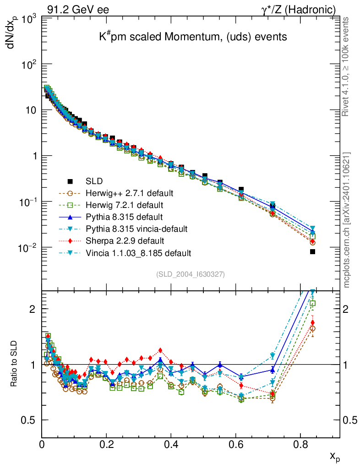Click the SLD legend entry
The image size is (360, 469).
pyautogui.click(x=94, y=180)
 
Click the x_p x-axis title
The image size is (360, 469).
pyautogui.click(x=334, y=456)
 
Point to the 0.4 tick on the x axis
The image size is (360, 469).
pyautogui.click(x=171, y=444)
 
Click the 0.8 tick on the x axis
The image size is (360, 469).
pyautogui.click(x=300, y=444)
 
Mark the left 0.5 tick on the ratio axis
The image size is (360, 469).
pyautogui.click(x=32, y=420)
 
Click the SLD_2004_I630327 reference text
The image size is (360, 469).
pyautogui.click(x=191, y=274)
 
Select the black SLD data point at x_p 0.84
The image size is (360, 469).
pyautogui.click(x=312, y=251)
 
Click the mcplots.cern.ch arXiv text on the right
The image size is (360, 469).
pyautogui.click(x=347, y=220)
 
